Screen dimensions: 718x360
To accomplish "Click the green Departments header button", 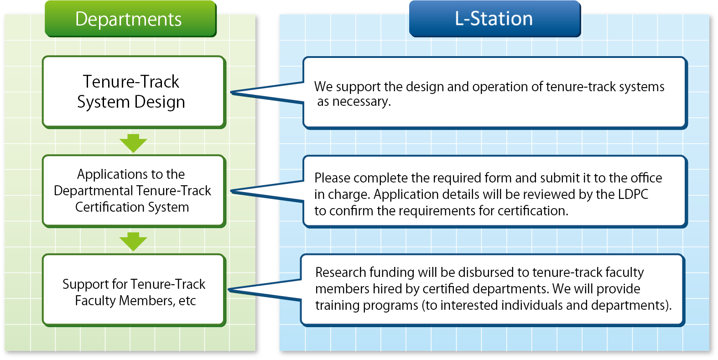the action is pyautogui.click(x=131, y=19).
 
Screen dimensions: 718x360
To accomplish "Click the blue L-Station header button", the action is pyautogui.click(x=495, y=19).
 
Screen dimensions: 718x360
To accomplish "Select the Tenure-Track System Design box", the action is pyautogui.click(x=134, y=92).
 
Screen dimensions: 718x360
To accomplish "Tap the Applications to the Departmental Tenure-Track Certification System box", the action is pyautogui.click(x=134, y=191).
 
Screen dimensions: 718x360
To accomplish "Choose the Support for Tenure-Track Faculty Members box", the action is pyautogui.click(x=134, y=290).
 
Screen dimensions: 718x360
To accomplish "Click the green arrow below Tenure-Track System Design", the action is pyautogui.click(x=133, y=143).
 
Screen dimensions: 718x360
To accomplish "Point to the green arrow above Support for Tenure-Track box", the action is pyautogui.click(x=133, y=241).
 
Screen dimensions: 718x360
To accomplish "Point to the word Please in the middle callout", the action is pyautogui.click(x=332, y=178).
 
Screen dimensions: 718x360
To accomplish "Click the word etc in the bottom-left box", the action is pyautogui.click(x=187, y=301).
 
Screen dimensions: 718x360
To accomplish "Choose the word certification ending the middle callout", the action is pyautogui.click(x=533, y=211).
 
